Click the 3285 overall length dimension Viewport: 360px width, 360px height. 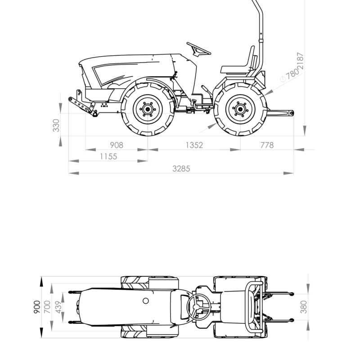(x=181, y=169)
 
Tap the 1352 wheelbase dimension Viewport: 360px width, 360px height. (x=194, y=145)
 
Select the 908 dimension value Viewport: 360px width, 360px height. (x=117, y=145)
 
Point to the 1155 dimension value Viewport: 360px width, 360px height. (x=108, y=157)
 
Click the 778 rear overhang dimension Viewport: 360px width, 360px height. (x=267, y=145)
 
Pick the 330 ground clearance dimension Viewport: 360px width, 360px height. (x=56, y=126)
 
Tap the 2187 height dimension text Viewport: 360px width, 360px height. (x=300, y=61)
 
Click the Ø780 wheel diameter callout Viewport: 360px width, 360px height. (x=290, y=75)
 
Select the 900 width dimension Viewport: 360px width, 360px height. (x=37, y=307)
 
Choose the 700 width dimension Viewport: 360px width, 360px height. (x=47, y=307)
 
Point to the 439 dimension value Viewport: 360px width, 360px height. (x=59, y=307)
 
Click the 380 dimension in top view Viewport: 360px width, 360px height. (x=303, y=307)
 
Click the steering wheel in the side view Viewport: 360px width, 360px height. (x=198, y=49)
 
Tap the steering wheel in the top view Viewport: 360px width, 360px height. (x=199, y=307)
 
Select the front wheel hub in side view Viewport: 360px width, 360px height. (x=148, y=109)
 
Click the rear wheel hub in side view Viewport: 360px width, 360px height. (x=240, y=109)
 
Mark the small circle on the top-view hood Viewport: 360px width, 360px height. (x=145, y=301)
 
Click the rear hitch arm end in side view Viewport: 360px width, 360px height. (x=291, y=113)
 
